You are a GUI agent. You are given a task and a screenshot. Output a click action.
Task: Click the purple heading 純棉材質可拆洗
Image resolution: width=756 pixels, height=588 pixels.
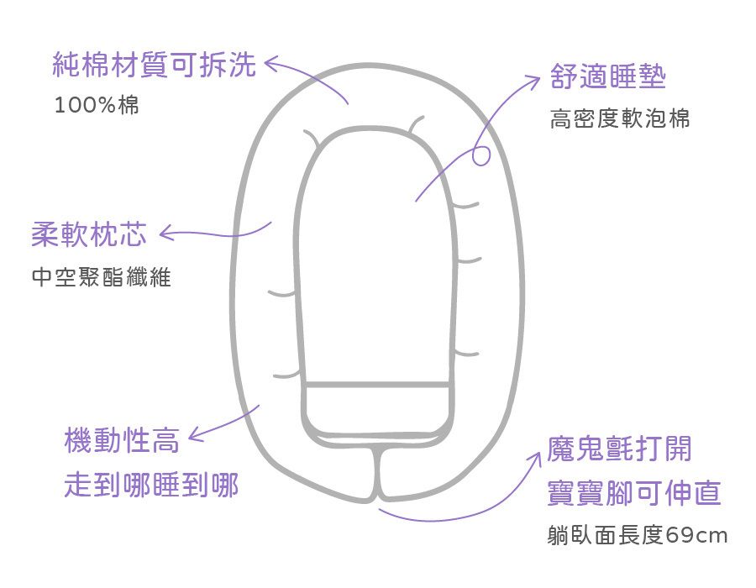(x=154, y=66)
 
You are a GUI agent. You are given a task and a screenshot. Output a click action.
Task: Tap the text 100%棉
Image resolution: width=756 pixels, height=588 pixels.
(x=96, y=107)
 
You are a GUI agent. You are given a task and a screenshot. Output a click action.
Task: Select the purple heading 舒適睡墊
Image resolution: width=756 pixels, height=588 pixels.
(x=608, y=78)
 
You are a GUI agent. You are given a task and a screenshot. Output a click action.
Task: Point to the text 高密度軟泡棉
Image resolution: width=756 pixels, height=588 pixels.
(x=620, y=119)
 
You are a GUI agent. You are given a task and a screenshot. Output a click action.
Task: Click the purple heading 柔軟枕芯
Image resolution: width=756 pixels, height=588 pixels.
(x=88, y=234)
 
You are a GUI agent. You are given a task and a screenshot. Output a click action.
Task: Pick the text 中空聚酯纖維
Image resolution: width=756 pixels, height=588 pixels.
(x=101, y=278)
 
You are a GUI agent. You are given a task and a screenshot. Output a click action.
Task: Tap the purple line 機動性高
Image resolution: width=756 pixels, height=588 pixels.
(x=122, y=439)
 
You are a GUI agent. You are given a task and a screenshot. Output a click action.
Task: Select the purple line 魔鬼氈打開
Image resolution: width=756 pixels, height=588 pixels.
(x=620, y=449)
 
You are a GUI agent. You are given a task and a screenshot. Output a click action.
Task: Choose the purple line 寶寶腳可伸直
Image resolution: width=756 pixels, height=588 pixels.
(x=634, y=493)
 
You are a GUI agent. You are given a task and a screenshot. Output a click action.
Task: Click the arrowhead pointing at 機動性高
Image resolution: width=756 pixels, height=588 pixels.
(x=194, y=434)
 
